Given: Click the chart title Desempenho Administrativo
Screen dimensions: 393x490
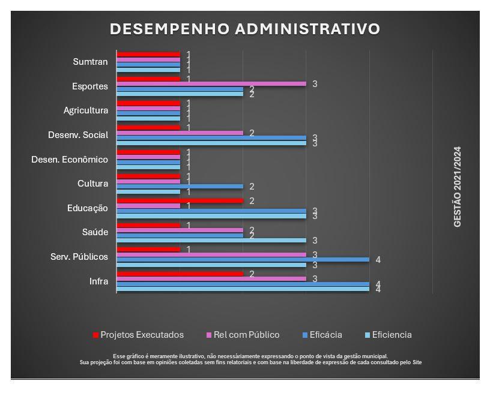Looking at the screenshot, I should [x=244, y=29].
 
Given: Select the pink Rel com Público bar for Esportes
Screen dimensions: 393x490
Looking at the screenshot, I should [x=211, y=84].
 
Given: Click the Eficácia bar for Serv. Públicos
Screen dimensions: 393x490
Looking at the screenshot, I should [x=243, y=260].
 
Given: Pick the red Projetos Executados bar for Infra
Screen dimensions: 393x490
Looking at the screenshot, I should [x=180, y=274].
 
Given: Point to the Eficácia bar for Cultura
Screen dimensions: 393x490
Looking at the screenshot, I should [x=180, y=187].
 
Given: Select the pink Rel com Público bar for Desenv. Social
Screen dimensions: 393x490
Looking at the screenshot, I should [x=180, y=133].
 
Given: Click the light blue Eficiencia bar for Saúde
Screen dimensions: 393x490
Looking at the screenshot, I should [x=211, y=240].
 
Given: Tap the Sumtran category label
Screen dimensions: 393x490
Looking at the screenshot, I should [x=90, y=62].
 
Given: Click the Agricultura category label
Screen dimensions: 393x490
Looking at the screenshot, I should [x=86, y=110].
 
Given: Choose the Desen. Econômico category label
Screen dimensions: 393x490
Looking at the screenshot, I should [x=70, y=160].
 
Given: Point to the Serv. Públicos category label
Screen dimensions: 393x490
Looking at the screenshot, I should [x=79, y=257].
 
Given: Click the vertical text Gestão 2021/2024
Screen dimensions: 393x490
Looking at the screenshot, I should [x=458, y=186].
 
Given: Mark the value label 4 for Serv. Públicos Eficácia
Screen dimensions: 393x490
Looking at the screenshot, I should [x=378, y=260].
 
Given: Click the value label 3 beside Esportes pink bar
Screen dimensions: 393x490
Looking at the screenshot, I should [x=315, y=84].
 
